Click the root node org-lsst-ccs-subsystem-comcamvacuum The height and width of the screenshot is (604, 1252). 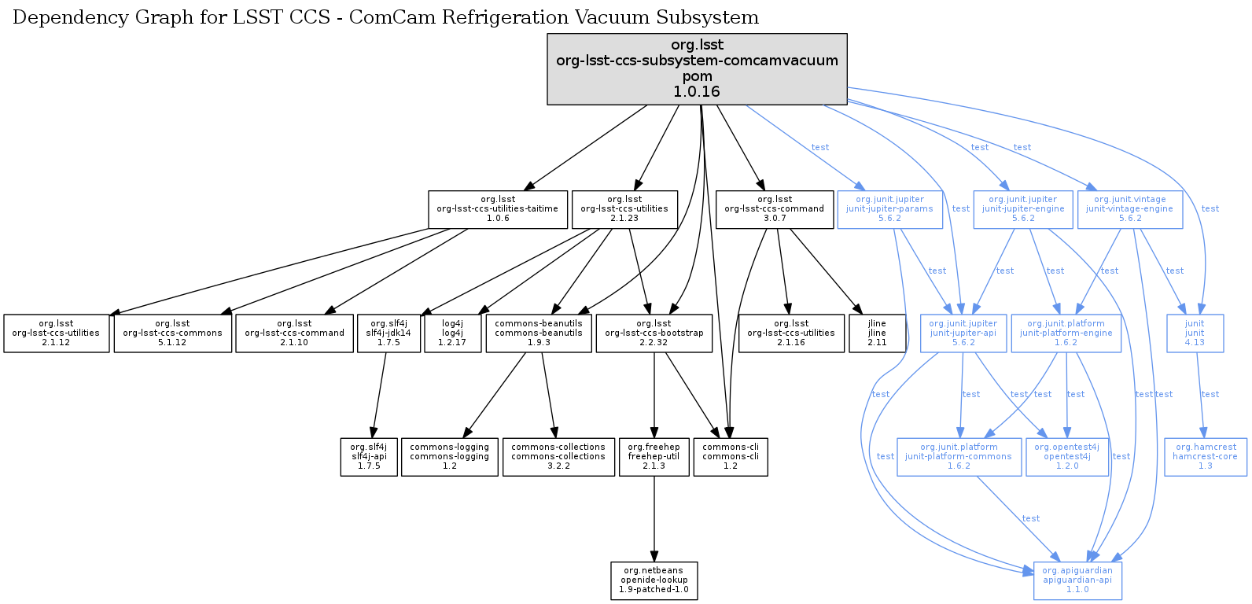click(x=697, y=68)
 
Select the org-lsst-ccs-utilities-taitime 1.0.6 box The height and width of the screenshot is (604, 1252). click(x=497, y=209)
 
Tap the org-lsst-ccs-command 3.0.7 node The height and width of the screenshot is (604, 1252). click(x=774, y=209)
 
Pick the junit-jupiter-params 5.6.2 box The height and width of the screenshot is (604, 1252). click(x=889, y=209)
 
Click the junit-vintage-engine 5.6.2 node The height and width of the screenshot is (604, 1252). click(x=1129, y=209)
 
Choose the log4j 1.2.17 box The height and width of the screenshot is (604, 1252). click(x=452, y=333)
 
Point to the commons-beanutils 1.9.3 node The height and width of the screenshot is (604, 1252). click(x=539, y=333)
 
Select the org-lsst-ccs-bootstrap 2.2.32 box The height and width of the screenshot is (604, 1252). click(x=654, y=333)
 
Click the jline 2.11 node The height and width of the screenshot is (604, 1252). click(x=876, y=333)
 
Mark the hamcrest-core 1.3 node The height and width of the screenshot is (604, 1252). click(x=1205, y=457)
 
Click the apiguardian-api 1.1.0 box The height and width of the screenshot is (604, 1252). click(x=1077, y=580)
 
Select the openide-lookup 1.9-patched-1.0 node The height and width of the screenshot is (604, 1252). click(x=654, y=580)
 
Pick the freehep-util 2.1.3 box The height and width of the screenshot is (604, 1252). click(x=654, y=457)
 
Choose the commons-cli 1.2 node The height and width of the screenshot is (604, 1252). click(x=730, y=457)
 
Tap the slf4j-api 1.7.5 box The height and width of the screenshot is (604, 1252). click(x=368, y=457)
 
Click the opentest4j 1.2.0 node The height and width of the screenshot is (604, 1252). click(x=1066, y=457)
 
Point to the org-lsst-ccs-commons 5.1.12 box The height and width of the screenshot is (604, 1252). click(x=172, y=333)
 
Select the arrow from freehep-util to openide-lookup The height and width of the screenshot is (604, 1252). click(x=654, y=519)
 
